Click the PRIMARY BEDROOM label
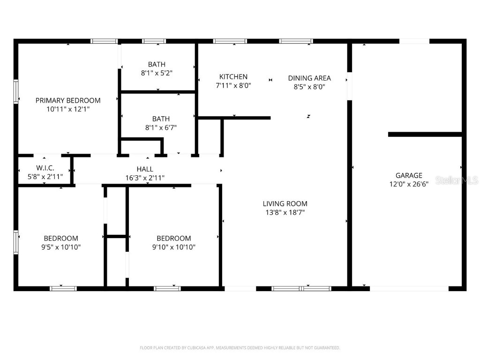pyautogui.click(x=68, y=100)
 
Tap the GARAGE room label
pyautogui.click(x=409, y=175)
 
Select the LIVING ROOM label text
pyautogui.click(x=285, y=203)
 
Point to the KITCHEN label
pyautogui.click(x=233, y=77)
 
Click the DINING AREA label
pyautogui.click(x=309, y=78)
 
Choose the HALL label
pyautogui.click(x=145, y=169)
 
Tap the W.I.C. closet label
pyautogui.click(x=45, y=168)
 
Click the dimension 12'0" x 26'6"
pyautogui.click(x=409, y=184)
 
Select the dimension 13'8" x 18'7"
pyautogui.click(x=285, y=212)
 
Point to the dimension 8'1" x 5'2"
pyautogui.click(x=157, y=73)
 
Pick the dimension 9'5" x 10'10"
pyautogui.click(x=61, y=247)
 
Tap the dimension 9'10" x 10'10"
pyautogui.click(x=173, y=247)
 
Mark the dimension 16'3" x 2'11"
pyautogui.click(x=144, y=178)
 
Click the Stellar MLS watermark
pyautogui.click(x=457, y=180)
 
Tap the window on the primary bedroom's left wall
pyautogui.click(x=16, y=91)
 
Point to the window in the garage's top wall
pyautogui.click(x=414, y=41)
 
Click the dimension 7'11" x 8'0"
pyautogui.click(x=233, y=86)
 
